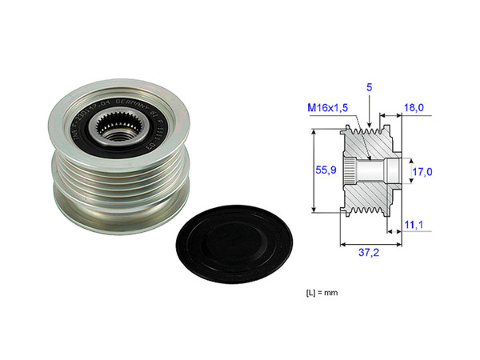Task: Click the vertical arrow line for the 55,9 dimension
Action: coord(313,170)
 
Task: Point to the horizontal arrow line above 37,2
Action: coord(370,241)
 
